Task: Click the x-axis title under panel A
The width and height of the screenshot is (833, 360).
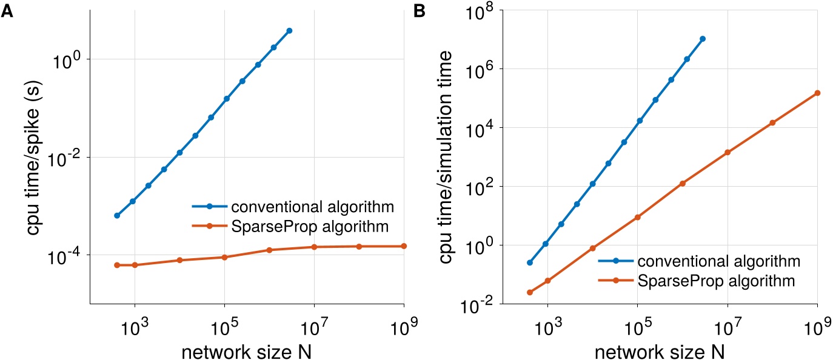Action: click(247, 349)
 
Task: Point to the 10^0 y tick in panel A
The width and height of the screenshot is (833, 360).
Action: click(69, 59)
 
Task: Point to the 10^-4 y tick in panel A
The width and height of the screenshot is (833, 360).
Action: click(65, 255)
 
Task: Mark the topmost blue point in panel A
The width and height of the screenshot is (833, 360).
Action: click(289, 30)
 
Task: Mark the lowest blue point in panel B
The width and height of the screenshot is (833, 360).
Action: click(529, 262)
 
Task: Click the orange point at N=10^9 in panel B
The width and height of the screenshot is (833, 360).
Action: click(817, 93)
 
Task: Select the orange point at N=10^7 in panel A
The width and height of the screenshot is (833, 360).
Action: click(314, 247)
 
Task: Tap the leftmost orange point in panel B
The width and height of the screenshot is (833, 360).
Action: click(529, 292)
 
